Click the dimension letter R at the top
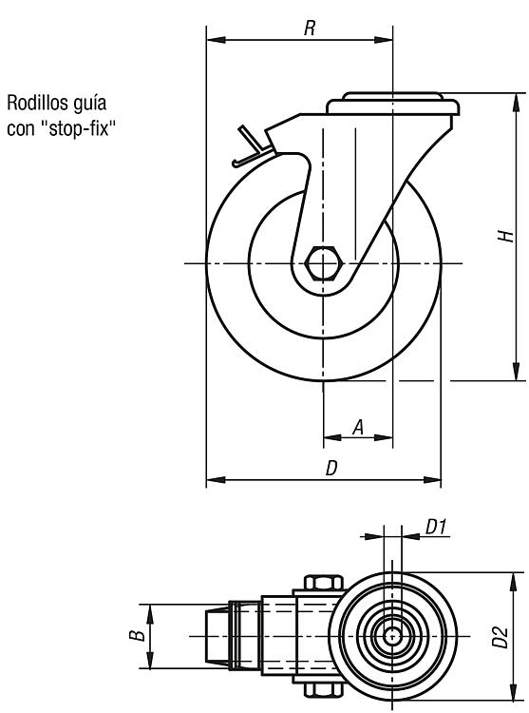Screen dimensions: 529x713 [x=310, y=29]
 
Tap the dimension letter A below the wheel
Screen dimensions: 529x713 [x=358, y=427]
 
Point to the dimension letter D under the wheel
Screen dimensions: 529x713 [x=331, y=468]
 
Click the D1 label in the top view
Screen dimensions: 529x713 [x=436, y=527]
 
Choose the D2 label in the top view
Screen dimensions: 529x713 [x=500, y=637]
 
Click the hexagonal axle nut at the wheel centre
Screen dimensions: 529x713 [x=322, y=263]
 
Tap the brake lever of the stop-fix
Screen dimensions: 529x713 [x=250, y=147]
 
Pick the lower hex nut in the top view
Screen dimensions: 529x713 [x=323, y=690]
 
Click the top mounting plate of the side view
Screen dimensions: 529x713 [x=393, y=105]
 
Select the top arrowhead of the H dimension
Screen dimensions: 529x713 [x=516, y=102]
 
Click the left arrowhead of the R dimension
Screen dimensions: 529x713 [x=216, y=40]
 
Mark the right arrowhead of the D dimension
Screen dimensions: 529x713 [x=432, y=480]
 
